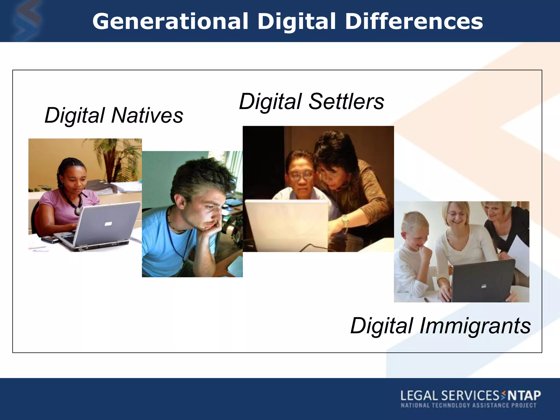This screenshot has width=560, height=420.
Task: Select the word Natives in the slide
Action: [147, 115]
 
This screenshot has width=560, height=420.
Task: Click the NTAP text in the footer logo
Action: [524, 396]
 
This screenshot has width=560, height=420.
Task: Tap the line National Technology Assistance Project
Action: [468, 406]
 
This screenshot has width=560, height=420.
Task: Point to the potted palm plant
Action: [120, 161]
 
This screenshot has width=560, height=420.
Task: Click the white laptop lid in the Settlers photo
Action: [287, 224]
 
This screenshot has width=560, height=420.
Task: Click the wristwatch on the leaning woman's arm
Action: [345, 220]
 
